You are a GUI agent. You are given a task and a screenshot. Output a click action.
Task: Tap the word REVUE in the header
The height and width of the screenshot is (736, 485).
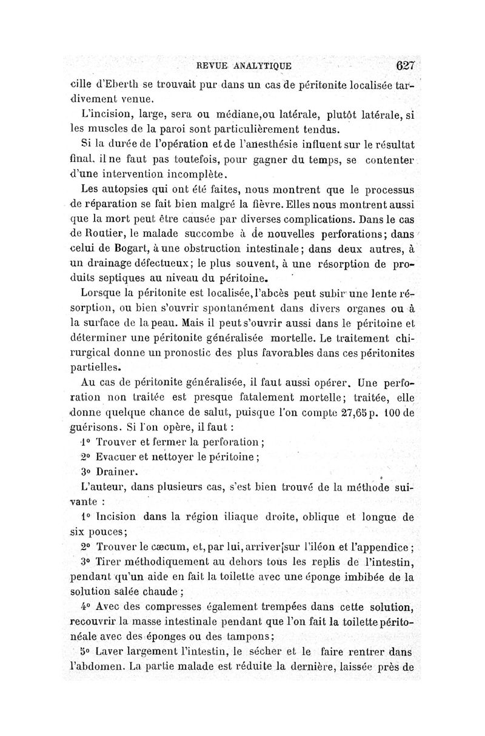point(210,66)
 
